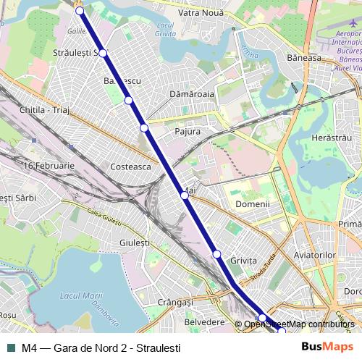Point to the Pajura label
coord(188,131)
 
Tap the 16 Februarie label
coord(49,166)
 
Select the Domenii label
coord(253,204)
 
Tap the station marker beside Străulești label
coord(103,53)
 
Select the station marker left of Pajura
coord(144,128)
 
